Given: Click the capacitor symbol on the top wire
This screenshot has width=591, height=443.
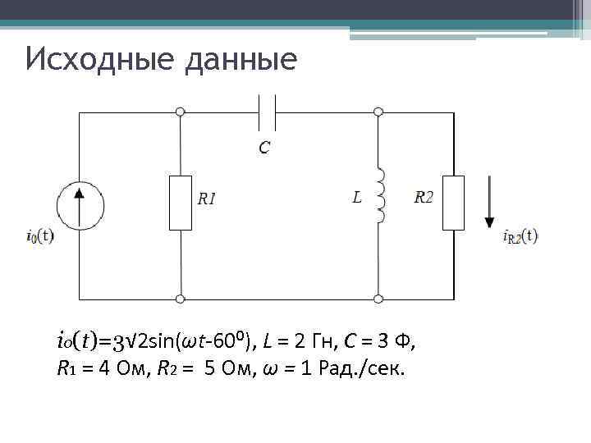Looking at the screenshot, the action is (266, 112).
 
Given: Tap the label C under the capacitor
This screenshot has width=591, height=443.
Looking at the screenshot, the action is (264, 148).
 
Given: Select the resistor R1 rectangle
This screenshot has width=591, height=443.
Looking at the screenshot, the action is (181, 202).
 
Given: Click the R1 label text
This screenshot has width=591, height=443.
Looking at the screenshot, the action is (207, 198).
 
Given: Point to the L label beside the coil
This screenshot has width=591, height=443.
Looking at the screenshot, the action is (356, 198).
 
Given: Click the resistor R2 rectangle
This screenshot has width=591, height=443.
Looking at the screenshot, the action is (453, 202).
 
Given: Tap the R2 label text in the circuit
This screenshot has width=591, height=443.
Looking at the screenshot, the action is (425, 197).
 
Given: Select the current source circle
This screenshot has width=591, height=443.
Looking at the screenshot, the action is (80, 204).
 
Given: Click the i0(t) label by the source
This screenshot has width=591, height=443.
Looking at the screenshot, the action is (39, 237).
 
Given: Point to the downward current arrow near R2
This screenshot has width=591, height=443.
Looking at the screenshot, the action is (490, 202).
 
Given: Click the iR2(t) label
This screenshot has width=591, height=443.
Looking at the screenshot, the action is (520, 237).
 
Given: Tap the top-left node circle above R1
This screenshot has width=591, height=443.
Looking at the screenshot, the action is (181, 112).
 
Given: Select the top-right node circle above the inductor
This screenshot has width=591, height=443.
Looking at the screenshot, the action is (378, 112).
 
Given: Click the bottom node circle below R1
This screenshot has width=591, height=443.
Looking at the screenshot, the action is (181, 299).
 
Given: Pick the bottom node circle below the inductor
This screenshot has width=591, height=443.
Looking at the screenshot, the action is (378, 299).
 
